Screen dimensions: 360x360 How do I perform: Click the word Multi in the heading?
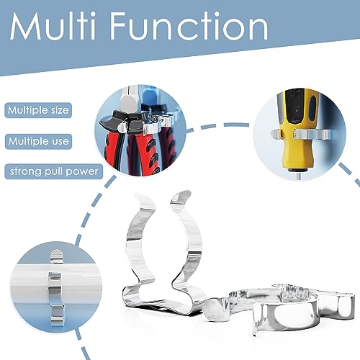point(53,26)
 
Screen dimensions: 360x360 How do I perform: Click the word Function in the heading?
point(189,26)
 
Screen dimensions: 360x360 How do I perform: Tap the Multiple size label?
point(38,110)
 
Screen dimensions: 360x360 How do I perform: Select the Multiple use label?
point(38,141)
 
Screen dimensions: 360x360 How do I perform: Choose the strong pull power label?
point(54,171)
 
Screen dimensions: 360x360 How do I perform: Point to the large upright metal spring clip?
point(163,252)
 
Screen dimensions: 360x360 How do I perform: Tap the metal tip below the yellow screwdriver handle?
point(298,176)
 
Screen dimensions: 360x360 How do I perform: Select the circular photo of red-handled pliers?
point(140,130)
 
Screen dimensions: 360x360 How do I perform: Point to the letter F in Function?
point(119,26)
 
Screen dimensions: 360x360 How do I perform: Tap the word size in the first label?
point(60,110)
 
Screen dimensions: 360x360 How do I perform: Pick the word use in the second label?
point(60,142)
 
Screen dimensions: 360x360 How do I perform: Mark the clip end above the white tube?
point(57,257)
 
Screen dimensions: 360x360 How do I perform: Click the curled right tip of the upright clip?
point(181,197)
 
